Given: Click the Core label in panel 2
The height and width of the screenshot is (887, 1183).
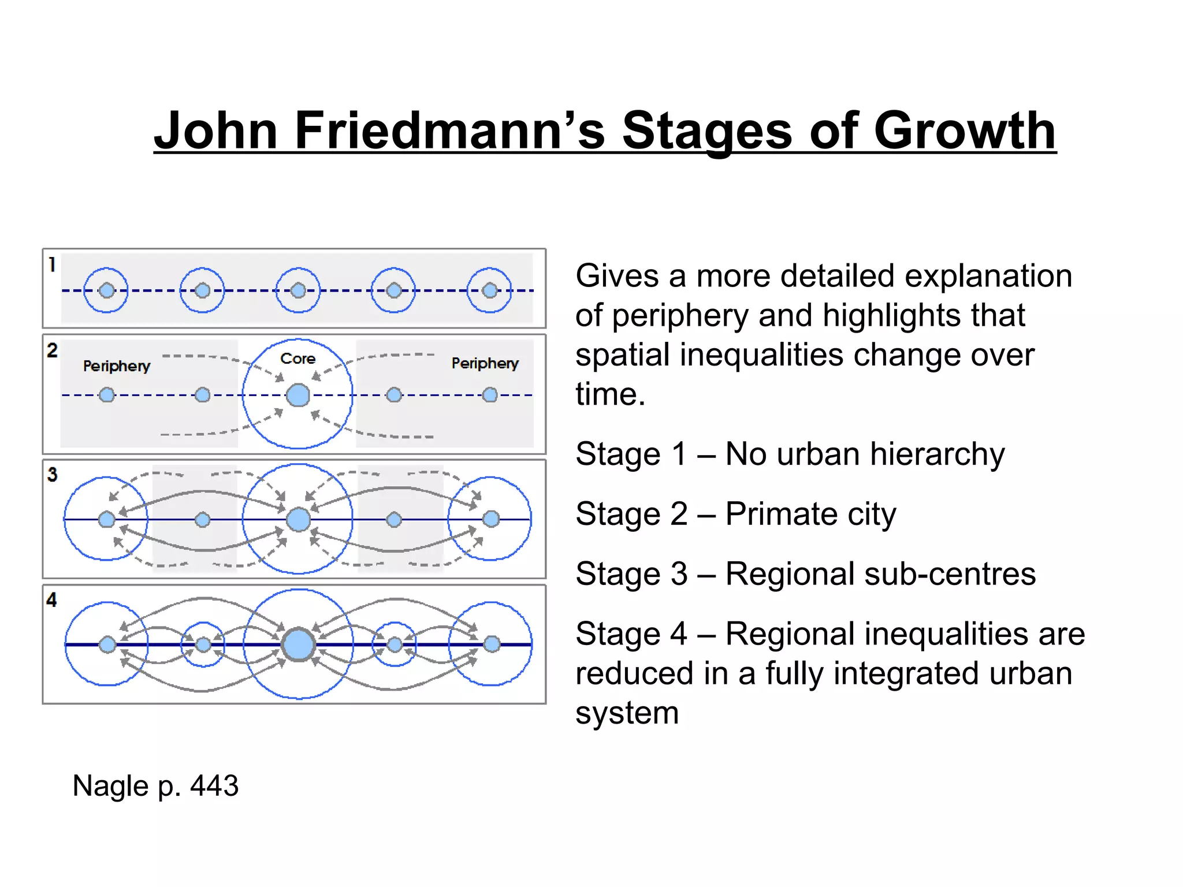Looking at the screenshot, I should point(297,359).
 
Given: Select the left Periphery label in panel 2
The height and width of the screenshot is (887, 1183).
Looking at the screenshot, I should point(116,366).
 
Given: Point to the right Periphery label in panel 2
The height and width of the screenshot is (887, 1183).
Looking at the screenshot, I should point(485,363).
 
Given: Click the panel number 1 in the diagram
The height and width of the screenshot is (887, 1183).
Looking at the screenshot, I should point(52,264).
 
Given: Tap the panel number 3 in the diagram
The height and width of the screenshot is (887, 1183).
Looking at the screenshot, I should point(52,475).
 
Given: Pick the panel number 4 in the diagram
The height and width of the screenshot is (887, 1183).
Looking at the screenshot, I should point(52,599).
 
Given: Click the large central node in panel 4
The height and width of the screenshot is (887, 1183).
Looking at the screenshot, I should point(299,644).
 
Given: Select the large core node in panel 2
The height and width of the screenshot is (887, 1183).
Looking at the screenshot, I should point(298,396).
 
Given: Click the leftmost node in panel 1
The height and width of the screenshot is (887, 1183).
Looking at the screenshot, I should point(106,290).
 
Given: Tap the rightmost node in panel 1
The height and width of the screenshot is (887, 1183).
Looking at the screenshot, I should point(490,290).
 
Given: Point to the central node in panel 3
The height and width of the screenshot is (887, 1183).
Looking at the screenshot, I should point(298,519).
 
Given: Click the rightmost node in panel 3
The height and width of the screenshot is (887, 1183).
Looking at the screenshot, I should point(491,519).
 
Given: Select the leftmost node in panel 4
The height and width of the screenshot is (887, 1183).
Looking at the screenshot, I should point(107,644).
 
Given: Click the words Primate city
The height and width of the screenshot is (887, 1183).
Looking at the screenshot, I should point(810,514).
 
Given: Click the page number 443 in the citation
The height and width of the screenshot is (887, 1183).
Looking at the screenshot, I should point(214,786).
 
